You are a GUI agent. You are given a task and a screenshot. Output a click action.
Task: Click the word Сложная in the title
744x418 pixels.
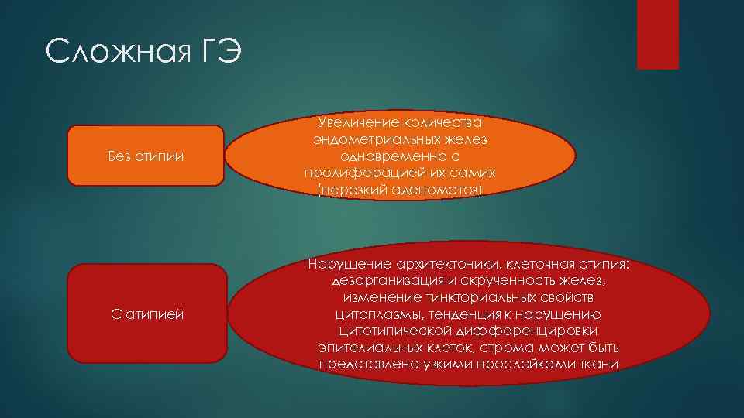[x=117, y=53]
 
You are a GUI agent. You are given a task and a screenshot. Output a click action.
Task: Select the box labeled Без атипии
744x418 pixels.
[x=145, y=156]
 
